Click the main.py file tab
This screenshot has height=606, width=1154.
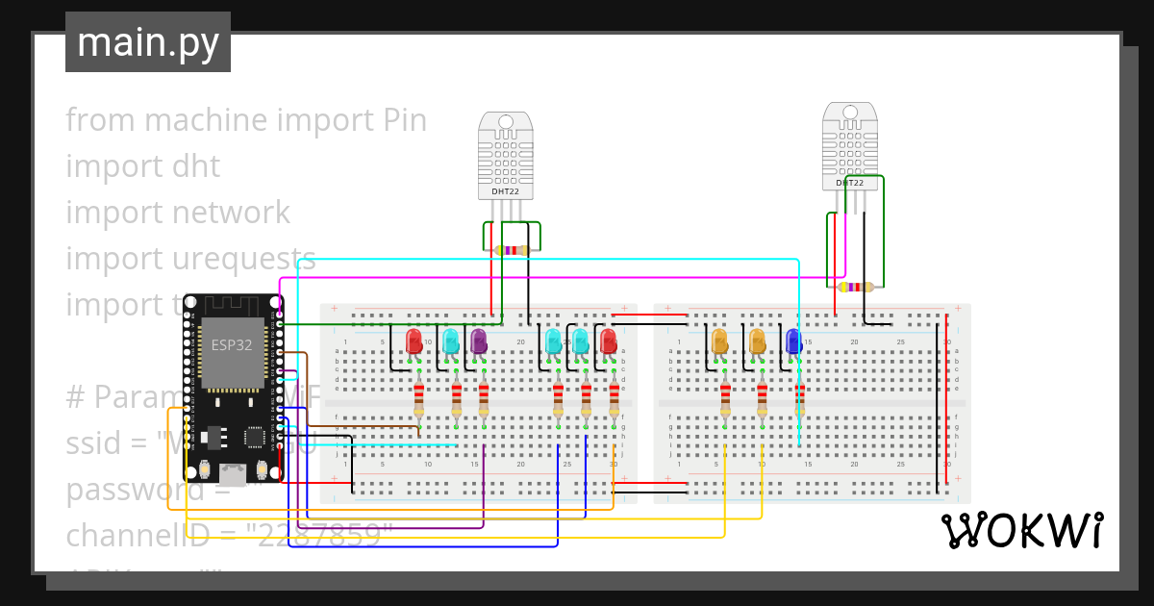tap(148, 42)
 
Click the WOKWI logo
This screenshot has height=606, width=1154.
tap(1021, 531)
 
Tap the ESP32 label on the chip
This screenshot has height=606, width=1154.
tap(232, 345)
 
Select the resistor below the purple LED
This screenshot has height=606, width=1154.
tap(484, 398)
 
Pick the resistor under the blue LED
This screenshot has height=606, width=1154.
tap(799, 398)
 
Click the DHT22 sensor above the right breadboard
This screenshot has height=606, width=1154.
tap(849, 147)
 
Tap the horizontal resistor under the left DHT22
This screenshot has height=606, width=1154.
tap(512, 250)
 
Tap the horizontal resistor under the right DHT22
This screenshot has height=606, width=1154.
tap(855, 287)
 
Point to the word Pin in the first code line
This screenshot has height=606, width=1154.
tap(404, 120)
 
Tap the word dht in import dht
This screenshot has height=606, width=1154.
tap(196, 166)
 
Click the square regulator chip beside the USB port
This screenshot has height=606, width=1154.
tap(256, 437)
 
